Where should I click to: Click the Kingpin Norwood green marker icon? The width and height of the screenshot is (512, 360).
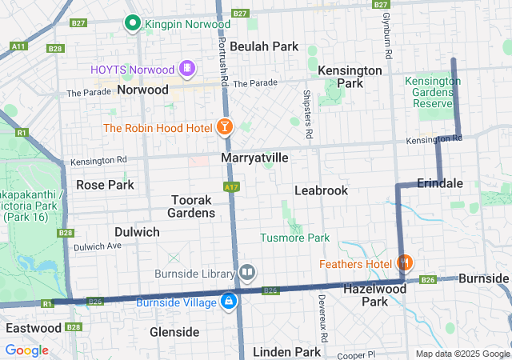click(134, 23)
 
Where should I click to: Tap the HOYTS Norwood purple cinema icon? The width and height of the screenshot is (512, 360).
click(187, 69)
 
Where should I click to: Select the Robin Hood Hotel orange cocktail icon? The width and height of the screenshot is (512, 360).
click(225, 127)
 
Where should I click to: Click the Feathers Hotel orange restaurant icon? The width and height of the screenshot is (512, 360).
click(406, 262)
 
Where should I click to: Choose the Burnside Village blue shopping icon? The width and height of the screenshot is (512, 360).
click(229, 302)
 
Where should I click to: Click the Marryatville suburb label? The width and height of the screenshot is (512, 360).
click(254, 158)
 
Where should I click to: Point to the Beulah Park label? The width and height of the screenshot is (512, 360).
click(263, 46)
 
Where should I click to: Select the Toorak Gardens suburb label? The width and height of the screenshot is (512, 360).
click(191, 206)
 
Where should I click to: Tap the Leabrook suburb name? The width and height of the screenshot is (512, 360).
click(321, 190)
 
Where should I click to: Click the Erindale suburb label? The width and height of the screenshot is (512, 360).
click(439, 183)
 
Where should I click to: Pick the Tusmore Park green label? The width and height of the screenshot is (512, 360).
click(294, 238)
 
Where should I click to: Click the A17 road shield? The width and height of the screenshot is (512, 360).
click(232, 186)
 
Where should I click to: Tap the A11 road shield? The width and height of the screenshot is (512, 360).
click(17, 46)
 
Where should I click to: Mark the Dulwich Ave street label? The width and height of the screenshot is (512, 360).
click(97, 246)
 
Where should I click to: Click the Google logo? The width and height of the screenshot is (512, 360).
click(26, 350)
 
